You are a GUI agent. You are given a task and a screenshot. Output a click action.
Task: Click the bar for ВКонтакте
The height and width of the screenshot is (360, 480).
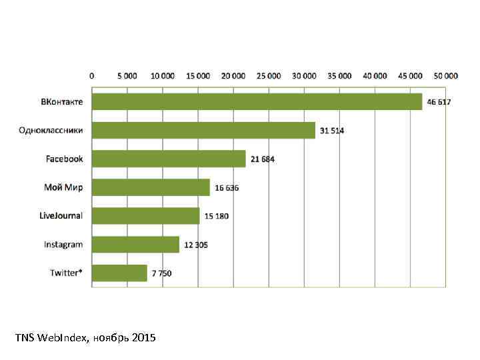tap(257, 101)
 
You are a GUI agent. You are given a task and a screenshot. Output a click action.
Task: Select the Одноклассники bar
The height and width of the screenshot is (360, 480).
tap(203, 130)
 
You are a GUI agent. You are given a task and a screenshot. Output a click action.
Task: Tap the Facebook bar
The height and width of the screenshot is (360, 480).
tap(169, 159)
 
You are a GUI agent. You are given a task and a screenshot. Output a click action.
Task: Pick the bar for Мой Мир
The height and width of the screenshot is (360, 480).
tap(151, 187)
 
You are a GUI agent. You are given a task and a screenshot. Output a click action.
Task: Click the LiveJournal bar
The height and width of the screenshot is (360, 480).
tap(145, 216)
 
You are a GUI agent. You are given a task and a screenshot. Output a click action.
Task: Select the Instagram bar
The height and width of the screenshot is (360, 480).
tap(135, 245)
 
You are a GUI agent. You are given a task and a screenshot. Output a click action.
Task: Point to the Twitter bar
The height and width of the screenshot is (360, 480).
tap(119, 273)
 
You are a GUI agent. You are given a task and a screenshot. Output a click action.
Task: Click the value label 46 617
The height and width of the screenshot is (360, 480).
tap(440, 102)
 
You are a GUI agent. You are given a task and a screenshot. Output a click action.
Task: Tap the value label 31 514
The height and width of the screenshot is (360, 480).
tap(332, 131)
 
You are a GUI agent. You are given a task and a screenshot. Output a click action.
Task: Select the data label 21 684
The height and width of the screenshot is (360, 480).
tap(263, 159)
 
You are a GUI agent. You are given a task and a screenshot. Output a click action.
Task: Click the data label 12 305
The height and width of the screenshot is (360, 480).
tap(196, 245)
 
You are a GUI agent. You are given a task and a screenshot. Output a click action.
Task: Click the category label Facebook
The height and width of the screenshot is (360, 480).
tap(64, 159)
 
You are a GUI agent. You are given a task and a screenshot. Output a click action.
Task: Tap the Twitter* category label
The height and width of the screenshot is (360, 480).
tap(67, 273)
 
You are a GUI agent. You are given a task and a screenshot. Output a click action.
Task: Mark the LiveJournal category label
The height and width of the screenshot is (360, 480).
tap(61, 216)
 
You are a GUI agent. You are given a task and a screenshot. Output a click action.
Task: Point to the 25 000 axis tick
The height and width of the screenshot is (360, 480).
tap(269, 75)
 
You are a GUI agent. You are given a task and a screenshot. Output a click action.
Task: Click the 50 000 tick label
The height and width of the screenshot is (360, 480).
tap(445, 75)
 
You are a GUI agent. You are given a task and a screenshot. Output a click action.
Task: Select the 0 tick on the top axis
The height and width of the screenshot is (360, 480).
tap(92, 75)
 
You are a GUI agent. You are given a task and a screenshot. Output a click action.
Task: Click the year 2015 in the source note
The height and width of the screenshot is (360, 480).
tap(144, 338)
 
